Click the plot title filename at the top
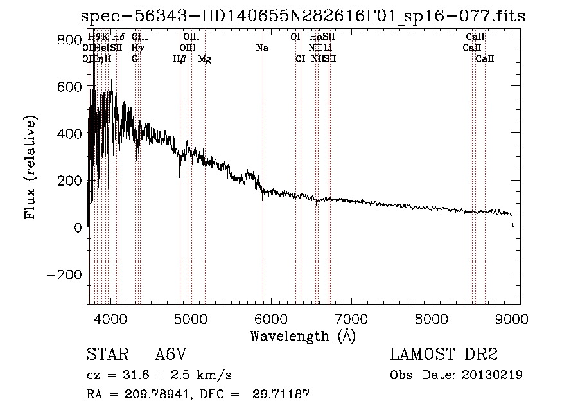tap(303, 17)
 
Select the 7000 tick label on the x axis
tap(351, 318)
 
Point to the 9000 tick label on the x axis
tap(512, 318)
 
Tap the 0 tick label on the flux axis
tap(78, 227)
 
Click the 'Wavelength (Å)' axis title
tap(302, 335)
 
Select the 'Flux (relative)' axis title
tap(31, 168)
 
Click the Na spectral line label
tap(262, 48)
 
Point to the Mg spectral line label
tap(205, 59)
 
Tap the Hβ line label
tap(180, 59)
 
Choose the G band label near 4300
tap(135, 59)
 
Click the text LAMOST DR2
tap(444, 355)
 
